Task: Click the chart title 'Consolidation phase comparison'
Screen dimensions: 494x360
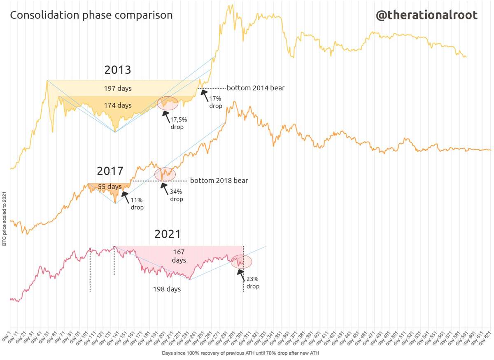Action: click(x=91, y=16)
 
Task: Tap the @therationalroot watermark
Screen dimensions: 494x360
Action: click(x=426, y=16)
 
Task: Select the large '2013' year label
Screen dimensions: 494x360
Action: click(x=118, y=70)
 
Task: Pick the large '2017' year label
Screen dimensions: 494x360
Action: click(x=110, y=171)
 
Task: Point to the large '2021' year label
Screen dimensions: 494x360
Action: click(x=168, y=234)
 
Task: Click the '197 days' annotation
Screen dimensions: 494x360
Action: click(x=118, y=89)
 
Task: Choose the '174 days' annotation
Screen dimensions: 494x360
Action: click(x=118, y=105)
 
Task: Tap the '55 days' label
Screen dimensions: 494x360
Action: click(x=110, y=187)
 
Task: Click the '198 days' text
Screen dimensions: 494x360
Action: click(x=167, y=289)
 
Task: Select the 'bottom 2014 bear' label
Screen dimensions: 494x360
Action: click(x=256, y=88)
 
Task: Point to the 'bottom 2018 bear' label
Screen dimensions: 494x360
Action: click(x=219, y=180)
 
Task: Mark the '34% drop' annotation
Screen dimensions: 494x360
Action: click(x=176, y=195)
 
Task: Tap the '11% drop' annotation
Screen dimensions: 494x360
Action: click(x=137, y=204)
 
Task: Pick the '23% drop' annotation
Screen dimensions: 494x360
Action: click(x=253, y=283)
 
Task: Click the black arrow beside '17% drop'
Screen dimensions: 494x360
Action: click(x=204, y=96)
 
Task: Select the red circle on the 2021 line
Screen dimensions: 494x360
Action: click(x=242, y=262)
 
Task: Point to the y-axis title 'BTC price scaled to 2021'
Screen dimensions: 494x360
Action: click(x=4, y=219)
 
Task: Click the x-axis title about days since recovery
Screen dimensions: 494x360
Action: click(x=240, y=353)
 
